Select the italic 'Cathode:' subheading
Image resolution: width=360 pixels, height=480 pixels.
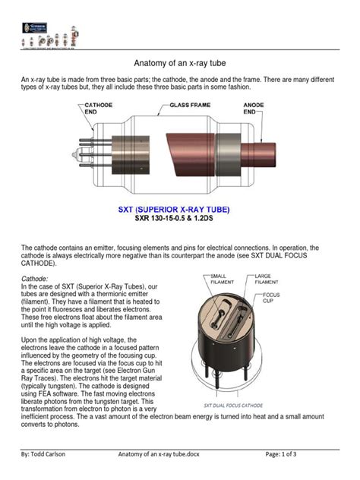[36, 279]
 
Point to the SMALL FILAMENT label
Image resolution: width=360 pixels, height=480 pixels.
[223, 279]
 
